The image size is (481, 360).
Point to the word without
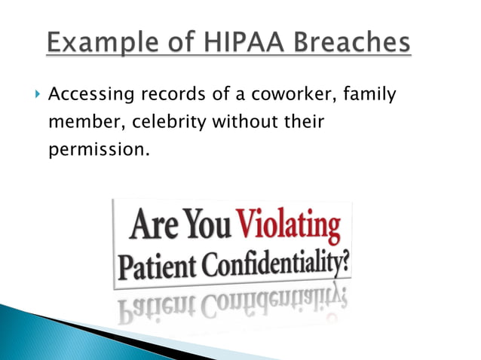(244, 123)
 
